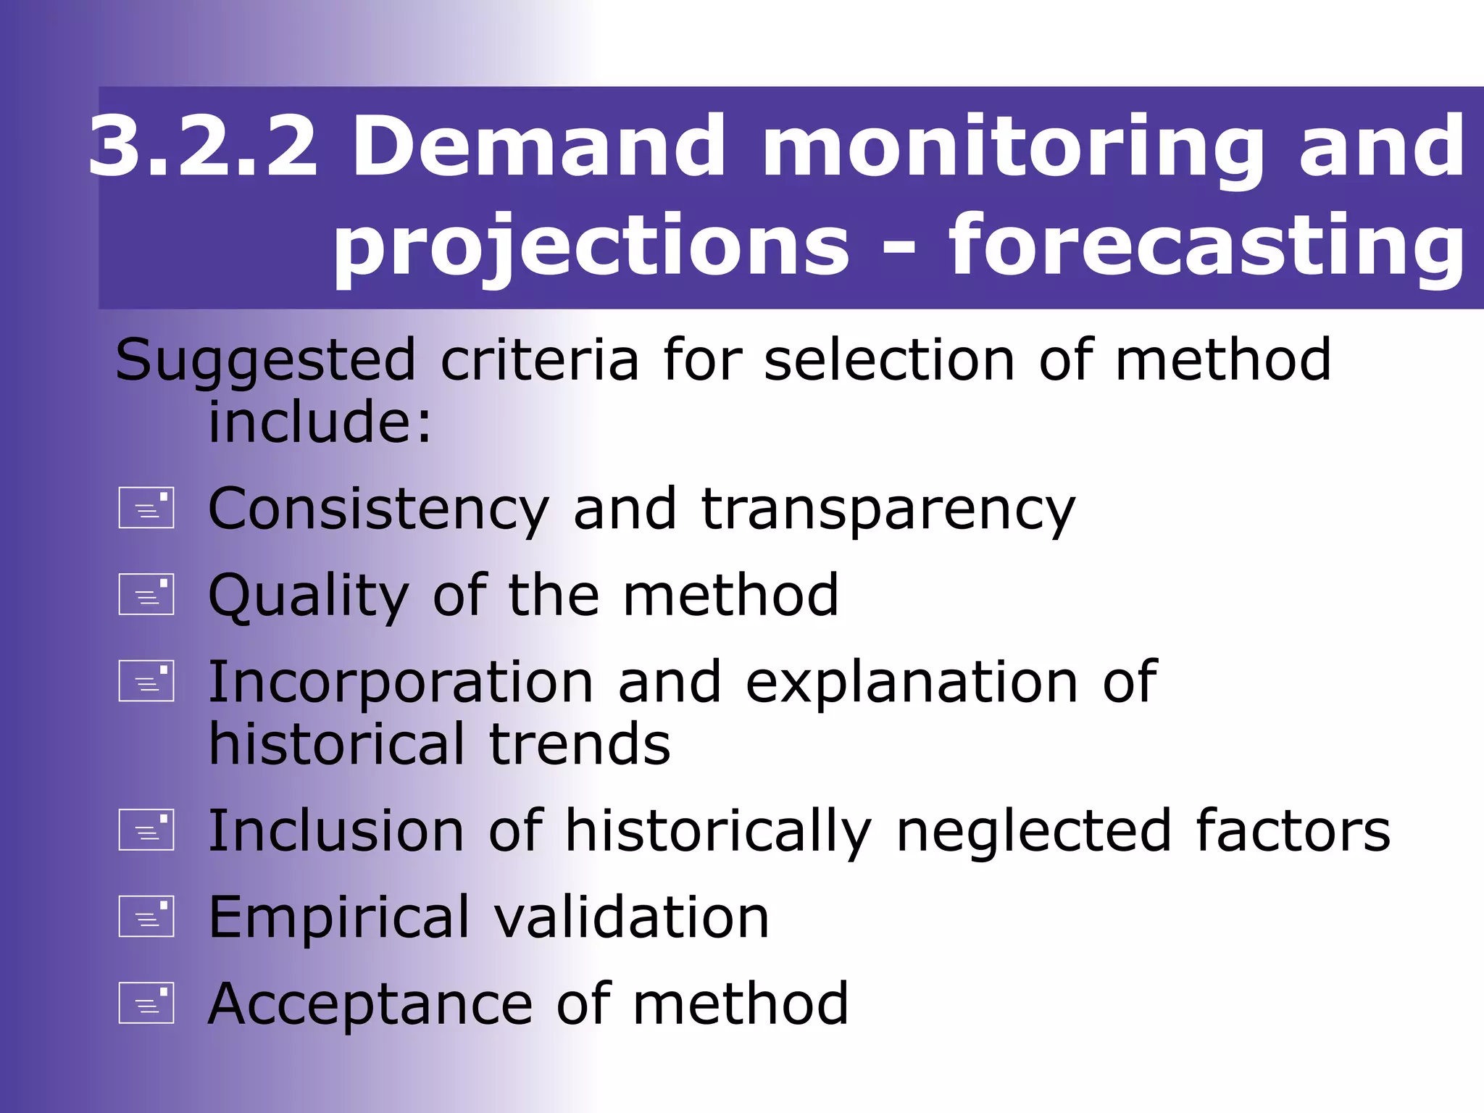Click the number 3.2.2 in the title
point(203,146)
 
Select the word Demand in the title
point(538,146)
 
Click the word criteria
point(540,359)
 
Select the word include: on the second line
point(320,422)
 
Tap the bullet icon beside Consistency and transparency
point(146,507)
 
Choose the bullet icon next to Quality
point(146,594)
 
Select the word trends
point(580,745)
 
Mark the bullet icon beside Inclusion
point(146,829)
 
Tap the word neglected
point(1034,832)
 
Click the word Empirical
point(339,919)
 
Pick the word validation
point(631,917)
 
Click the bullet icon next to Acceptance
point(146,1003)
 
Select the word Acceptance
point(370,1004)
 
